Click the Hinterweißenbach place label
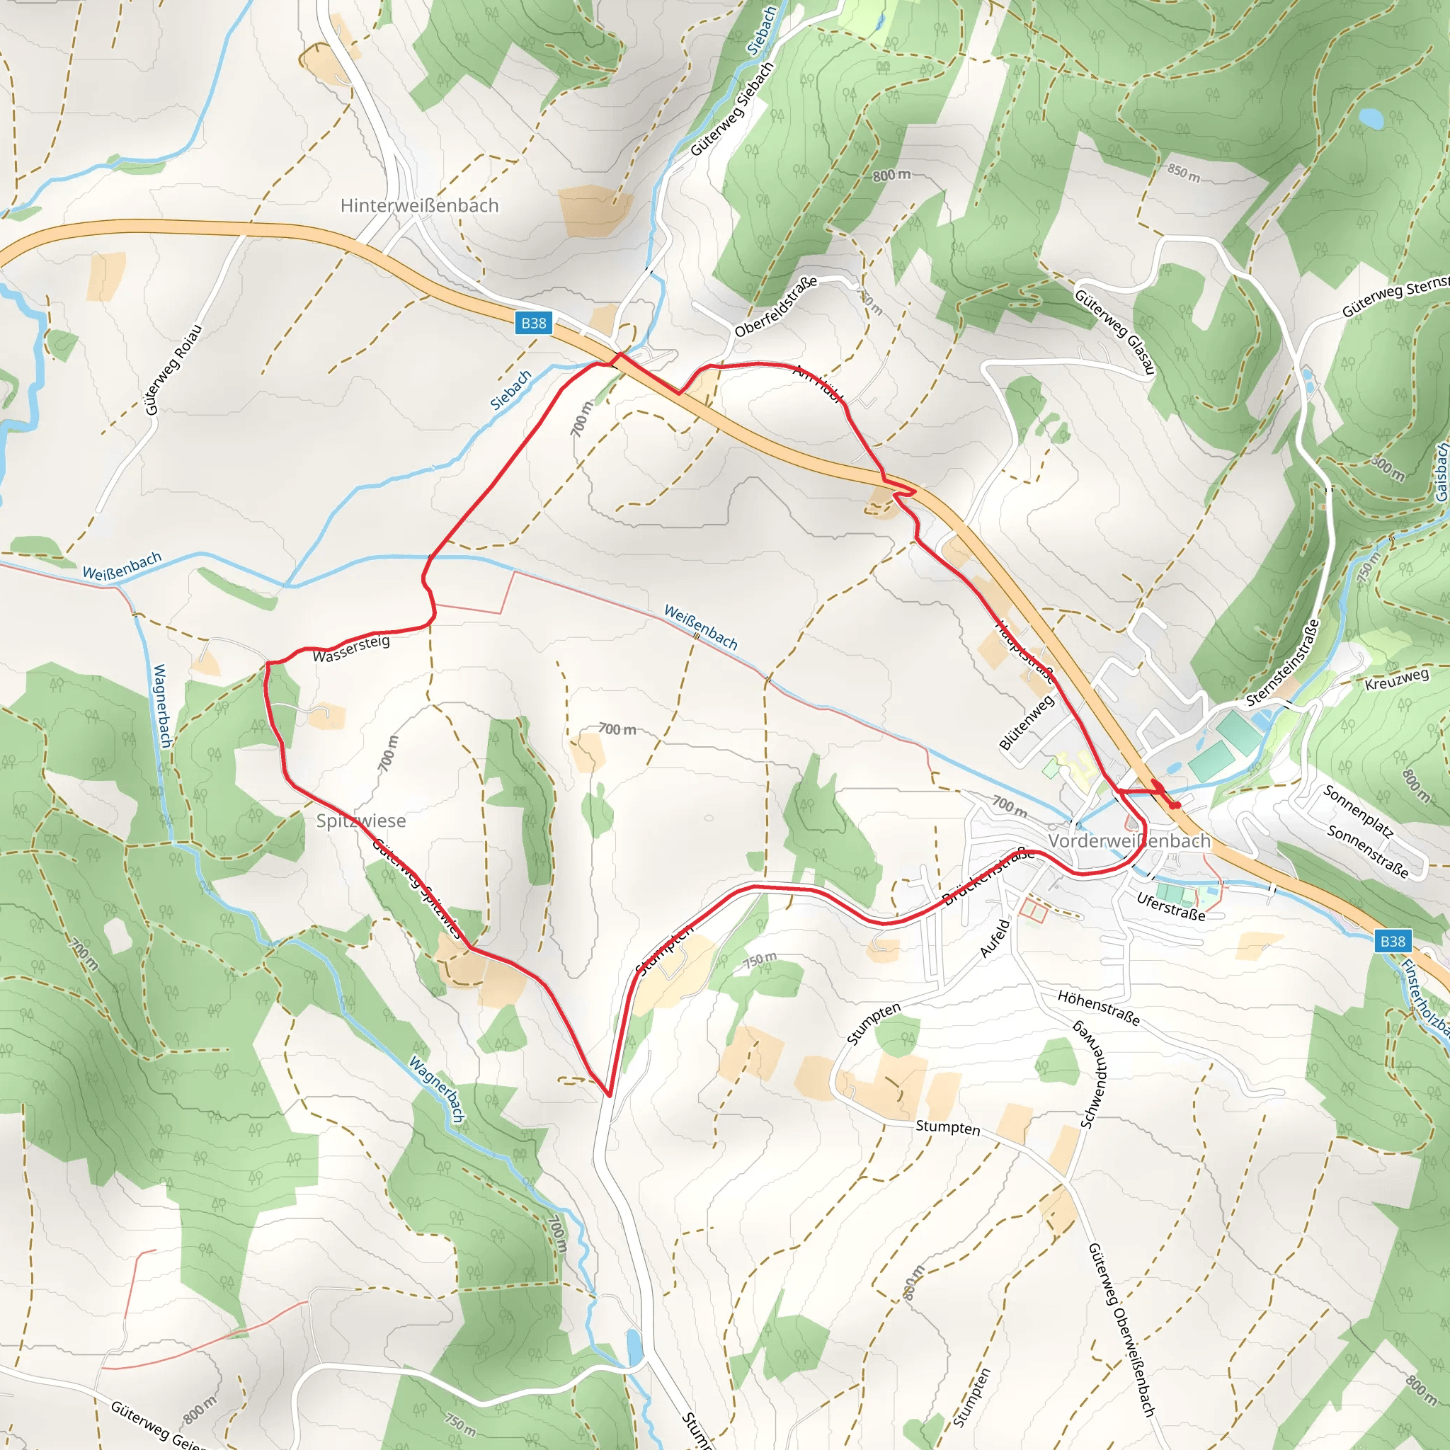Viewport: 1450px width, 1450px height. click(419, 205)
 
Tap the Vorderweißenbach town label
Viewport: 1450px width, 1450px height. click(1129, 840)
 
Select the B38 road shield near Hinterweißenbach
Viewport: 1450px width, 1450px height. click(534, 323)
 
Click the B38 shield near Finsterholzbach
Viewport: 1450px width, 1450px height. click(1392, 941)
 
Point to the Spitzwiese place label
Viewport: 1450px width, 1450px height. click(361, 821)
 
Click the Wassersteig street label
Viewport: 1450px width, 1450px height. click(351, 649)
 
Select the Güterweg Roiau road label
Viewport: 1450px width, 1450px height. click(173, 370)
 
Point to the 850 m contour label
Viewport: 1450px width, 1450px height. click(1184, 173)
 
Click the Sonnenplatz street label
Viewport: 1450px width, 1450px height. click(1359, 812)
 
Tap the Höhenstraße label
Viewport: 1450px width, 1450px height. click(1099, 1008)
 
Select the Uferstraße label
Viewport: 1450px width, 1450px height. click(1171, 907)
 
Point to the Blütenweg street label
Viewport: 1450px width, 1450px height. click(1027, 723)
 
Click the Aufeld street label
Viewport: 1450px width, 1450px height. click(995, 938)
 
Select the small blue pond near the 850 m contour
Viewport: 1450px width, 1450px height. click(1371, 118)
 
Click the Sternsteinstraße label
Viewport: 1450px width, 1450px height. click(1283, 663)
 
